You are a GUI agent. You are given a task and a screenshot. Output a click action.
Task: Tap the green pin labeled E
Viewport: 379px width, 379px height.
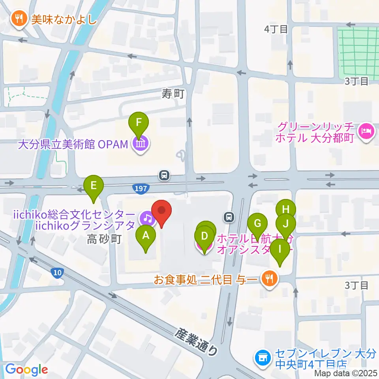click(x=94, y=186)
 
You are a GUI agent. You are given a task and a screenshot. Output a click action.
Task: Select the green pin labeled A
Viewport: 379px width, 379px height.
click(x=146, y=236)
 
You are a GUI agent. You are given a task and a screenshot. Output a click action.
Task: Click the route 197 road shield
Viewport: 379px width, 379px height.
click(x=141, y=189)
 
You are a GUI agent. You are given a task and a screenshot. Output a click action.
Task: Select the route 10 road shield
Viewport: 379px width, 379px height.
click(x=57, y=272)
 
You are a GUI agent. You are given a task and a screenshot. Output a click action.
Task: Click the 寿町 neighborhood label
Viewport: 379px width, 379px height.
click(x=173, y=94)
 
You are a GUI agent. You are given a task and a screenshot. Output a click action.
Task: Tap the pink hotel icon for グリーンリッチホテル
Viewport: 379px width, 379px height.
click(x=365, y=131)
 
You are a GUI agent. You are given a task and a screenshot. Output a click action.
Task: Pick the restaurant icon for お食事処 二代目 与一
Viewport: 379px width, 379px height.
click(x=270, y=280)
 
